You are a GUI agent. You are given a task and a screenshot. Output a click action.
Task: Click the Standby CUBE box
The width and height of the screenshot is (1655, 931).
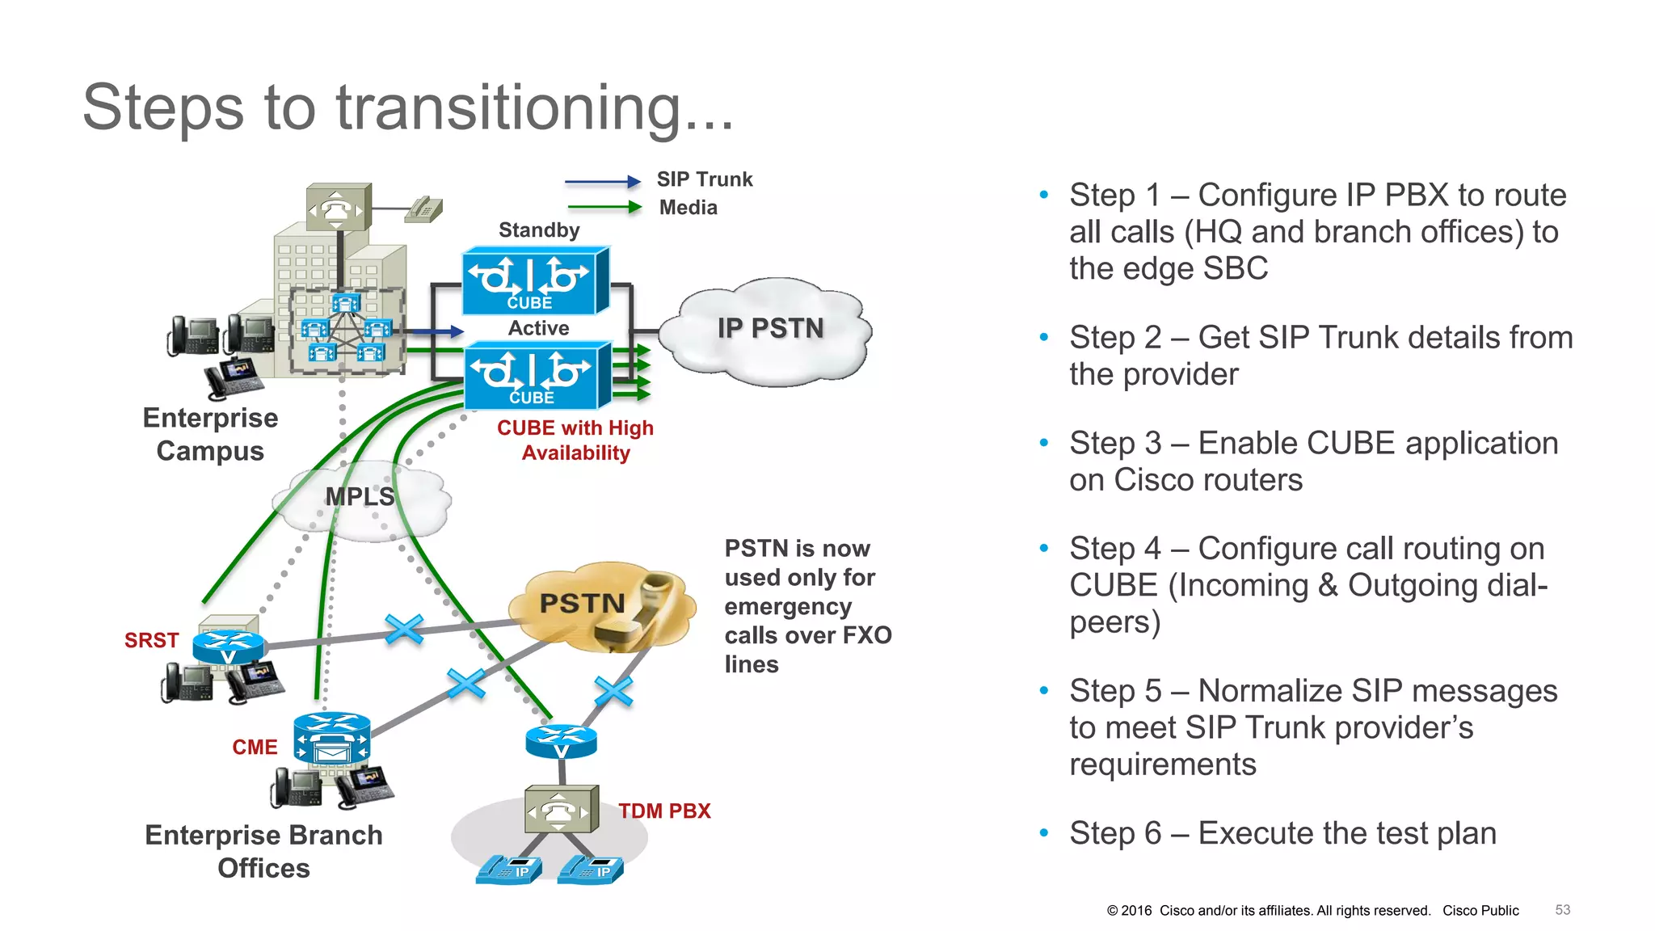[534, 281]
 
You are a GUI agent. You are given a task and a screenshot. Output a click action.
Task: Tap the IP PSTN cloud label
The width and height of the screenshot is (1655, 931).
[770, 328]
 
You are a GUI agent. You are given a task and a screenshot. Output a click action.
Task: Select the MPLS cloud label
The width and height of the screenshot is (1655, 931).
[360, 496]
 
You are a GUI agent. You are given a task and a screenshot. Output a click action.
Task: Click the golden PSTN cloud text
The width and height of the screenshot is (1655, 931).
[582, 603]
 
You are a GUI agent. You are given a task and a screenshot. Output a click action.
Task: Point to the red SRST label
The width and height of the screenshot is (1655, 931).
[151, 640]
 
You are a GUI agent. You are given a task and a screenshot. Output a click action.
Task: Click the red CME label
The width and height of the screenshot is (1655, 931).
[255, 747]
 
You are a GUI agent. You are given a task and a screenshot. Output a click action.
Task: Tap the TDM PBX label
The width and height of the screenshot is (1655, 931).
[664, 811]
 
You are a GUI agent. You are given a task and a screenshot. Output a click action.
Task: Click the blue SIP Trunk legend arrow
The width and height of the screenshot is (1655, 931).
[602, 182]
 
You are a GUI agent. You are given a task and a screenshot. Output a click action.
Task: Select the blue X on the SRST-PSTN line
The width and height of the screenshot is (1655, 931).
[404, 629]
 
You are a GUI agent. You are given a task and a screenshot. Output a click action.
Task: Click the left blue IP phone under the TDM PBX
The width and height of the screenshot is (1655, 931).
[508, 870]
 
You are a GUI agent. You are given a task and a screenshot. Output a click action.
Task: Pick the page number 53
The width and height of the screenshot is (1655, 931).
[1562, 910]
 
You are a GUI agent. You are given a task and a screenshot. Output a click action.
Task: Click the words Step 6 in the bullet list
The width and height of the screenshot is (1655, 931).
[1114, 833]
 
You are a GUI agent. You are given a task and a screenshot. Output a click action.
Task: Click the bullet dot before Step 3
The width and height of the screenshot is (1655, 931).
[1043, 443]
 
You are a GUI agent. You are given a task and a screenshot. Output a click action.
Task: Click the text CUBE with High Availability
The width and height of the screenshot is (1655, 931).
[575, 440]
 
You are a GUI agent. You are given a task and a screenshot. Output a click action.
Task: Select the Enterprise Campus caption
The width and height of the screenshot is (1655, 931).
[210, 434]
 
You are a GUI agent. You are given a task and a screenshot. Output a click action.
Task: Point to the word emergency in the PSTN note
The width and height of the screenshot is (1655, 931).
[788, 607]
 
